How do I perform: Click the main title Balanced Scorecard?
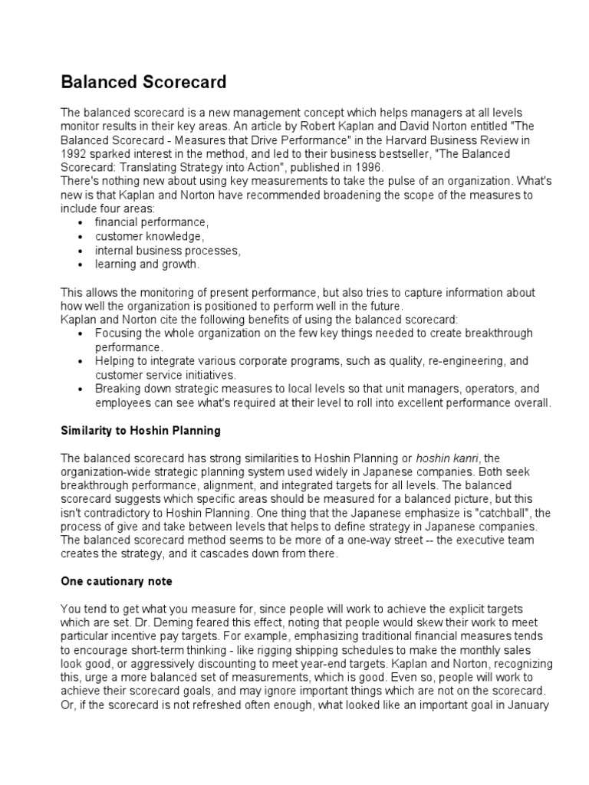pyautogui.click(x=143, y=81)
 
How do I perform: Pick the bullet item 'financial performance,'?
pyautogui.click(x=151, y=222)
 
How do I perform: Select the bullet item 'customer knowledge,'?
pyautogui.click(x=150, y=236)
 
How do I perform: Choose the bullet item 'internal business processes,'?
pyautogui.click(x=167, y=251)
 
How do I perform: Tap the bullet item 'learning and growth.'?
pyautogui.click(x=146, y=264)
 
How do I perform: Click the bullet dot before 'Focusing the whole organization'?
pyautogui.click(x=82, y=333)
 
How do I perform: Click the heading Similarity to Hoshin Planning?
pyautogui.click(x=140, y=430)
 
